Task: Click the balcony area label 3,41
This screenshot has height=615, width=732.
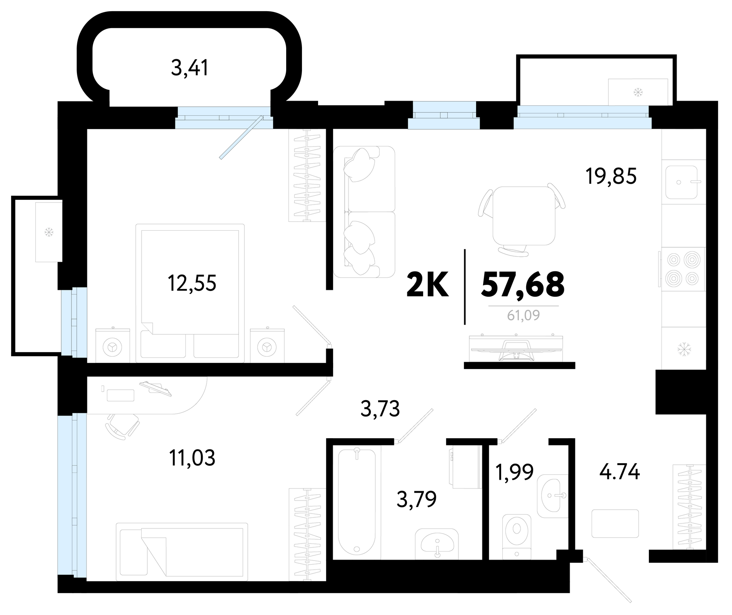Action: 190,69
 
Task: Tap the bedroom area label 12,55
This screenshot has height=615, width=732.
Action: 192,283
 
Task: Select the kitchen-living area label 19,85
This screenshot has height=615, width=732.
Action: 611,176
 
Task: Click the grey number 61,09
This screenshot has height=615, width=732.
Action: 524,315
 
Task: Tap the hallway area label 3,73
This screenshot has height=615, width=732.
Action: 380,409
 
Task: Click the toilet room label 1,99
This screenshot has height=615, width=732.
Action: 515,472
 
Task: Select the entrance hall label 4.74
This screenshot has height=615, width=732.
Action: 619,472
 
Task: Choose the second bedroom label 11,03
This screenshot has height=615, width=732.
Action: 192,458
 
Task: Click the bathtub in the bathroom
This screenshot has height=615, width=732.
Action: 357,502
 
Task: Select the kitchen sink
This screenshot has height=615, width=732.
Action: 681,182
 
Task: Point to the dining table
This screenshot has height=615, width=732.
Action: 524,216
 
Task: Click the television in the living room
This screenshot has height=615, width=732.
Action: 517,348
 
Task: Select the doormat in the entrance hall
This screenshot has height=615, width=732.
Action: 615,523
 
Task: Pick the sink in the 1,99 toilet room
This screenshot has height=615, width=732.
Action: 552,495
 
